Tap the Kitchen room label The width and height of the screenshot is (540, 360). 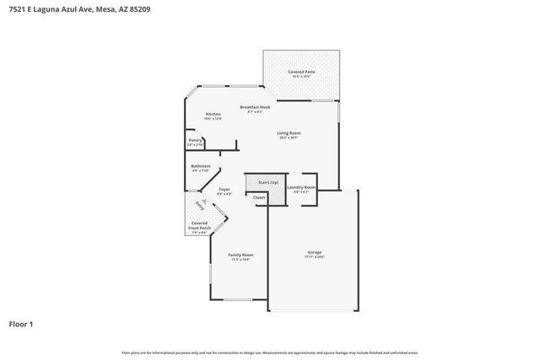point(213,114)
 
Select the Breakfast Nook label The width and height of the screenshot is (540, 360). point(254,107)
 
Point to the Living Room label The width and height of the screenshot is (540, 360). point(289,132)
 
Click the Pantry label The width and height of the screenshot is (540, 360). point(195,141)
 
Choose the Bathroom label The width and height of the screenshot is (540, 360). point(200,166)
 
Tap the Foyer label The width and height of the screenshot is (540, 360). point(224,189)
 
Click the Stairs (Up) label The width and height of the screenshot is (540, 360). point(257,181)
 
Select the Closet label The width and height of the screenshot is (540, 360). point(258,197)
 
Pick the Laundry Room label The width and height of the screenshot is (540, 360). point(301,186)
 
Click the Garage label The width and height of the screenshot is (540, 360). point(314,252)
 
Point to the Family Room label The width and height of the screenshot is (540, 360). point(240,255)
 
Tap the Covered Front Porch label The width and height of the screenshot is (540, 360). point(199,225)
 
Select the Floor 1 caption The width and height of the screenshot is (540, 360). point(21,324)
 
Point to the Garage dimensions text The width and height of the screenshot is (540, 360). point(314,257)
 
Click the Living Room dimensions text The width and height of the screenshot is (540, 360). point(289,137)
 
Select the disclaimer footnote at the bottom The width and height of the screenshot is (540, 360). point(269,352)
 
